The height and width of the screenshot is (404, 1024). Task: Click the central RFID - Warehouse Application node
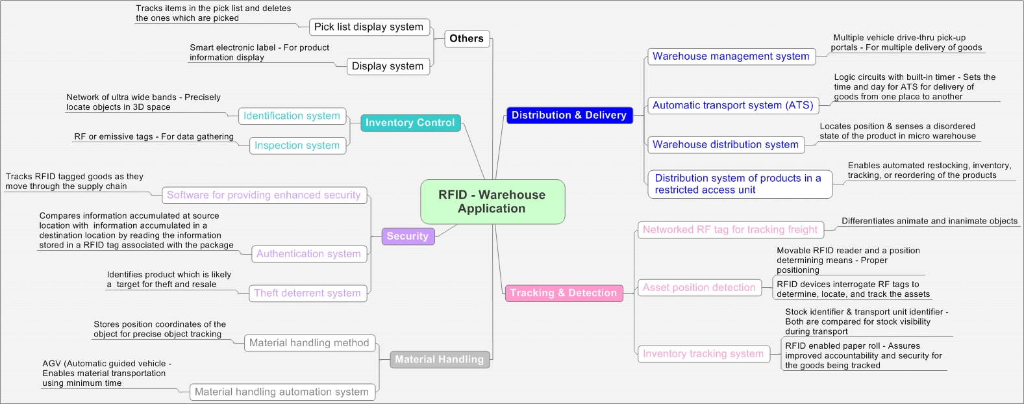[x=492, y=201]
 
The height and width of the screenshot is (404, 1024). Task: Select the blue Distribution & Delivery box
[x=569, y=115]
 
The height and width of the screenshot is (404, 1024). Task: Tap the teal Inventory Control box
[x=410, y=123]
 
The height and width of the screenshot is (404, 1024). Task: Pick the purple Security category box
[x=407, y=236]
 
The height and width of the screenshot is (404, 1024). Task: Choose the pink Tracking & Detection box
[x=563, y=293]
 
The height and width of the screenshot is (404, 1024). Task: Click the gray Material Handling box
[x=439, y=359]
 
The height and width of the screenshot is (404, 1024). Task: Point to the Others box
[x=466, y=39]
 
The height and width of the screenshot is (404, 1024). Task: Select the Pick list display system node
[x=368, y=27]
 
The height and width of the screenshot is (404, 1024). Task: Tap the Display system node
[x=387, y=66]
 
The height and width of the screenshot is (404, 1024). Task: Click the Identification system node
[x=292, y=116]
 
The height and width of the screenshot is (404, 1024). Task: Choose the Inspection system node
[x=297, y=145]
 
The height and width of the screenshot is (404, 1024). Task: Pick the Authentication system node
[x=308, y=254]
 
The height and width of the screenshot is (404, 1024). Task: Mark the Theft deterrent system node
[x=307, y=293]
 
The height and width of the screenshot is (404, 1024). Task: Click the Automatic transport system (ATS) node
[x=732, y=105]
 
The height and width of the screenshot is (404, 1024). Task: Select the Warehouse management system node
[x=731, y=57]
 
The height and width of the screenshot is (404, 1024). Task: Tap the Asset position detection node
[x=699, y=287]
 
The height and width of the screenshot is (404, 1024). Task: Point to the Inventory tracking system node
[x=703, y=354]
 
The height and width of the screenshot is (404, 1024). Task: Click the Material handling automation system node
[x=282, y=392]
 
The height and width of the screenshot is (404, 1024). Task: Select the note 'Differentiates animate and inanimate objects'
[x=929, y=221]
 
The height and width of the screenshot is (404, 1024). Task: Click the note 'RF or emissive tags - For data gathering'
[x=154, y=137]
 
